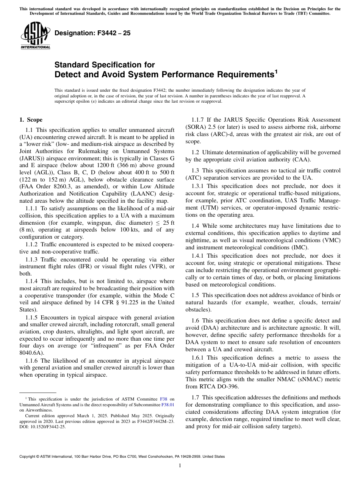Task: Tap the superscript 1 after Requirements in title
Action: point(277,71)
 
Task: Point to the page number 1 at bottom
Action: point(180,466)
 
